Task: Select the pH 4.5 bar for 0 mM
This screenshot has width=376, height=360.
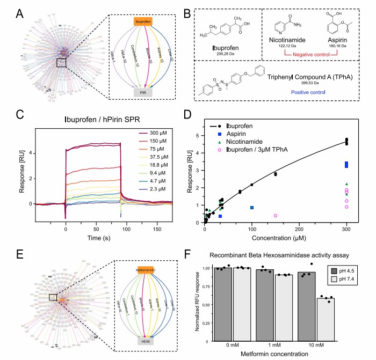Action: [223, 304]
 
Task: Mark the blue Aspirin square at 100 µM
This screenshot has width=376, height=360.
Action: [252, 208]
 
